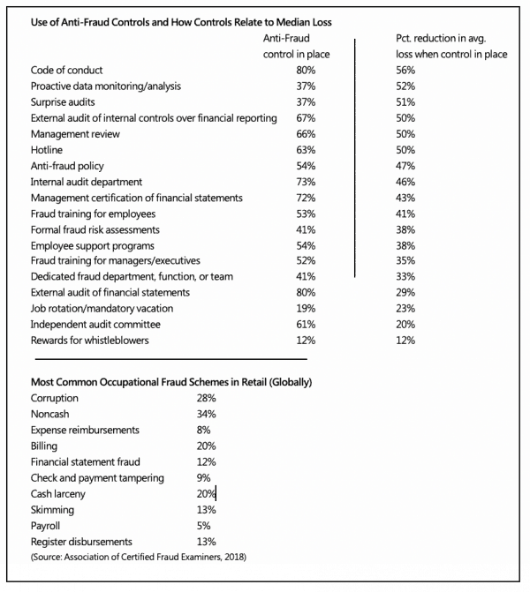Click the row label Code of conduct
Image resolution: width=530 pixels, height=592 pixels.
click(66, 71)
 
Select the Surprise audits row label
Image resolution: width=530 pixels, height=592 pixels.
click(63, 102)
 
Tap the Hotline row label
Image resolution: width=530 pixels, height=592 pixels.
click(47, 150)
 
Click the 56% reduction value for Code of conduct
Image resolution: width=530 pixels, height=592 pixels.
click(405, 71)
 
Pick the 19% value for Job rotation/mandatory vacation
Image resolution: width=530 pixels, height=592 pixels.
click(306, 309)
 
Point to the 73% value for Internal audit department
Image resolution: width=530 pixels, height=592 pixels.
click(306, 182)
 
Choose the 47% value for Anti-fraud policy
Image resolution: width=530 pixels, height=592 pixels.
click(405, 166)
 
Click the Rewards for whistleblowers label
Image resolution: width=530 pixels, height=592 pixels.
click(89, 341)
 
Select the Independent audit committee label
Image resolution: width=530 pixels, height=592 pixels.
click(95, 325)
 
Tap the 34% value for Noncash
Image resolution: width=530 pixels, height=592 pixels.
click(206, 414)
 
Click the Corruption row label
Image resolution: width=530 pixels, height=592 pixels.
click(55, 398)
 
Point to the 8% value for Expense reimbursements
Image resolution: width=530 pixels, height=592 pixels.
click(203, 430)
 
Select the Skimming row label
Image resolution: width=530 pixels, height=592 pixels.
click(52, 510)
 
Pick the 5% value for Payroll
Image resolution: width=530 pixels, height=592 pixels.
click(203, 526)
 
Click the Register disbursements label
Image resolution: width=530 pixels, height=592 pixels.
click(81, 542)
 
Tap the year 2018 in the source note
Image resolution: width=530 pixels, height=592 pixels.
click(234, 557)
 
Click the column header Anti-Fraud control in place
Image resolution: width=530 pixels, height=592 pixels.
click(297, 47)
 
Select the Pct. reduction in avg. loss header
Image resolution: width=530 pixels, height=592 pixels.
click(451, 47)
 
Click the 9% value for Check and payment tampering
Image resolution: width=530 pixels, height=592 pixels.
click(203, 478)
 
